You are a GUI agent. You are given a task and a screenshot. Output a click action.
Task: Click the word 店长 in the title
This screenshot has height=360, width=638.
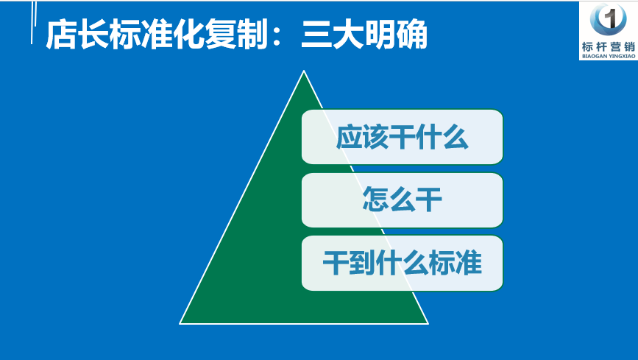(x=77, y=35)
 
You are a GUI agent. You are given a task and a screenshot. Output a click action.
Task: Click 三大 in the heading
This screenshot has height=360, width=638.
(x=333, y=35)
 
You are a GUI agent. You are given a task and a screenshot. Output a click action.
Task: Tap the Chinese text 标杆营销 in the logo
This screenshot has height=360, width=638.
(x=609, y=47)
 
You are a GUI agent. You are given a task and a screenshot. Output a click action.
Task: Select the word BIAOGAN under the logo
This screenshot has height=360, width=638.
(x=595, y=56)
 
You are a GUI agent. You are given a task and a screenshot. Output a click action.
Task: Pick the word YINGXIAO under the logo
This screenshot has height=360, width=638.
(x=622, y=56)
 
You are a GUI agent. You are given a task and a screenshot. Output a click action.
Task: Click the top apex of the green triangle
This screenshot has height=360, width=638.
(x=303, y=71)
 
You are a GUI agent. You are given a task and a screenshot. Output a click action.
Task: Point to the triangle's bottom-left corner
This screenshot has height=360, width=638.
(x=180, y=324)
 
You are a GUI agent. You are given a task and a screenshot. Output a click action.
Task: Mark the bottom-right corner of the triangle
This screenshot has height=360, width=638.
(x=428, y=324)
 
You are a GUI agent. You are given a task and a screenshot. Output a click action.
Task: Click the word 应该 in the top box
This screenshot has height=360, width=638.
(x=362, y=137)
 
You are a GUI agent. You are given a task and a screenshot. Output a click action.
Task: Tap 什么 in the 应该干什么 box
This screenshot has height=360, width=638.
(x=442, y=137)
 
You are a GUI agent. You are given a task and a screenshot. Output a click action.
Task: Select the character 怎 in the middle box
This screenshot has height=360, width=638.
(x=375, y=200)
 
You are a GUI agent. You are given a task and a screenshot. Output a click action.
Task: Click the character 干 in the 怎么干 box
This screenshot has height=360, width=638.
(x=429, y=200)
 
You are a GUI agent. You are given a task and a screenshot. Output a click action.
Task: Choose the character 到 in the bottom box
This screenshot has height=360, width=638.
(x=362, y=263)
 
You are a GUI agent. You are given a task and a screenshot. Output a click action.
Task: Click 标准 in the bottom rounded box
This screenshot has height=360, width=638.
(x=455, y=263)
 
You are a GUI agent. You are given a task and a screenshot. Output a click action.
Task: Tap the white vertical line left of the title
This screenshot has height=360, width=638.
(x=32, y=22)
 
